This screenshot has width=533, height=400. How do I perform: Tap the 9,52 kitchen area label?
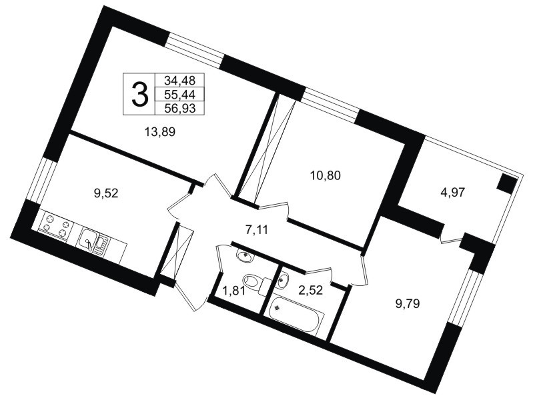point(105,193)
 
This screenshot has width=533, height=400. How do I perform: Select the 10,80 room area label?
point(325,176)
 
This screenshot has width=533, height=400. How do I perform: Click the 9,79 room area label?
point(407,303)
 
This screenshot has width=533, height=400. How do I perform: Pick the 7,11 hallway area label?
point(257,230)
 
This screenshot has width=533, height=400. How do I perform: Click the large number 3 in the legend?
point(139,94)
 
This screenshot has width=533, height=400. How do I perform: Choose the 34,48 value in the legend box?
point(179,80)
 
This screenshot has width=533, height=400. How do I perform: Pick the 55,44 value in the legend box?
point(179,94)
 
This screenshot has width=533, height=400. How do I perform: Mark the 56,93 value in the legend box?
point(179,109)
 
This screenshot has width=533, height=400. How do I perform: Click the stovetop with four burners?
point(55,225)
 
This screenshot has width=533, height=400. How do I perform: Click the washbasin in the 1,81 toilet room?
point(244,255)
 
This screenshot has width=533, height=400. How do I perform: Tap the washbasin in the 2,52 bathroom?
point(282,281)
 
